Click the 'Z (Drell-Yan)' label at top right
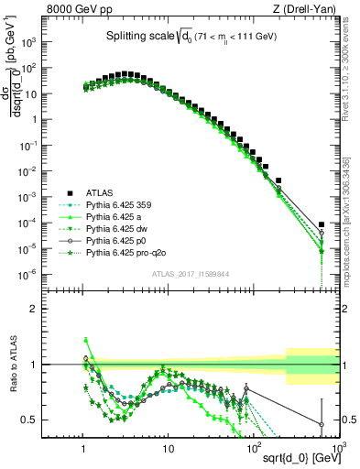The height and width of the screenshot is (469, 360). click(307, 9)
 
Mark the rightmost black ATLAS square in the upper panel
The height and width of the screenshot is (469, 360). click(322, 224)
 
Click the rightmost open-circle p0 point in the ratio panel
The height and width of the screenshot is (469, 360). click(322, 424)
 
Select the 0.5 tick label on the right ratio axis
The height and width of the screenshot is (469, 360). click(350, 420)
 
